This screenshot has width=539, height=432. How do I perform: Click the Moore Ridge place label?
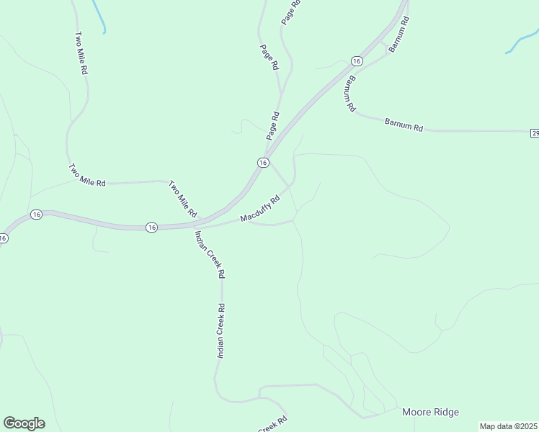click(429, 412)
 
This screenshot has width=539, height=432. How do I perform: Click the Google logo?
click(24, 423)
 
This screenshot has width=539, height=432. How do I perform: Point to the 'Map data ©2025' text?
click(508, 426)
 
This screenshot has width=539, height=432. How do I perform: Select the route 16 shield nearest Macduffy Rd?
click(263, 163)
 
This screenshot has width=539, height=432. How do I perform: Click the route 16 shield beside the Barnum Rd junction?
click(356, 61)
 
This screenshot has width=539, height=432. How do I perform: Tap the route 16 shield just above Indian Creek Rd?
click(151, 227)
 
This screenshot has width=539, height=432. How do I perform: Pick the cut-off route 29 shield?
click(535, 133)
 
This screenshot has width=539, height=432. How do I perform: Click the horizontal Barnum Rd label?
click(404, 125)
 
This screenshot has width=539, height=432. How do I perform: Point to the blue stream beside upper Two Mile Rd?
click(99, 16)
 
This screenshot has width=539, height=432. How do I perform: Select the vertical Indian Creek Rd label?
click(221, 331)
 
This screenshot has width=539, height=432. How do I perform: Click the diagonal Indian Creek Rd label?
click(210, 255)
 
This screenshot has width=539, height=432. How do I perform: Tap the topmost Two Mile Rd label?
click(81, 53)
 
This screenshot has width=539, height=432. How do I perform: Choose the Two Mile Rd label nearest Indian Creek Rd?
click(182, 199)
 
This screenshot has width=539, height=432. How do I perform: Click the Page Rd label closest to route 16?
click(272, 125)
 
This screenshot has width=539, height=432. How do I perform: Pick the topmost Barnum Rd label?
click(398, 35)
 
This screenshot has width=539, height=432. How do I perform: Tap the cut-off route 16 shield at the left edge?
click(3, 238)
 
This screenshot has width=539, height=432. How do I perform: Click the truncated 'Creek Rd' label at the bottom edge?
click(272, 425)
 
